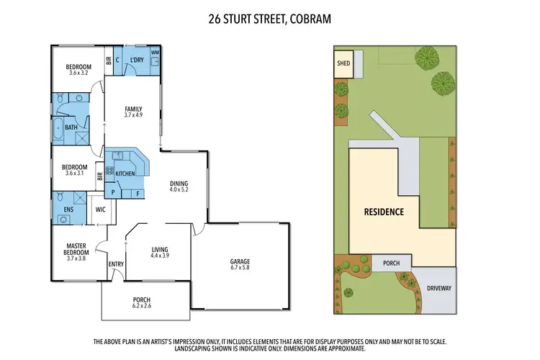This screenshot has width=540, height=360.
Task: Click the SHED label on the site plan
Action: (x=343, y=63)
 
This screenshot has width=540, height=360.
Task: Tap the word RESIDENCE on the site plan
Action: (x=383, y=212)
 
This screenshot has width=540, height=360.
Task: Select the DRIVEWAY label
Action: (x=438, y=287)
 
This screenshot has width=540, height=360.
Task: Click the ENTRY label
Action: (x=117, y=264)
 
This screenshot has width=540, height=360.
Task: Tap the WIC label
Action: (x=101, y=210)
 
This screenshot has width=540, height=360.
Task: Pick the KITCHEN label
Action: (x=125, y=174)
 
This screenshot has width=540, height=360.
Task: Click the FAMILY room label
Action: (x=134, y=109)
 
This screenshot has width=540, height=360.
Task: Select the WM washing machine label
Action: (x=155, y=53)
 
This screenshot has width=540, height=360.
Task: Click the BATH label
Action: (x=71, y=128)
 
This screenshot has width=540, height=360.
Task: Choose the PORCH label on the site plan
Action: (x=391, y=264)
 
